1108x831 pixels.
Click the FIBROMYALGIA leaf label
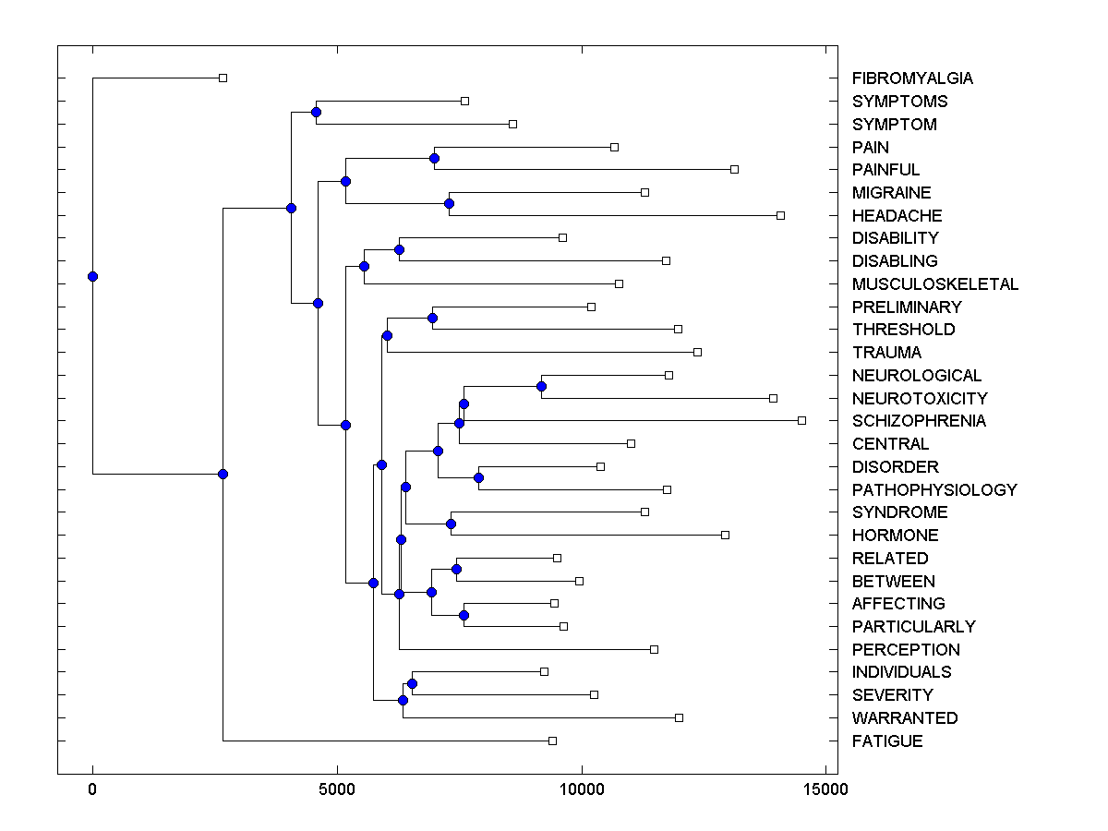coord(912,78)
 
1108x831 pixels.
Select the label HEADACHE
coord(897,216)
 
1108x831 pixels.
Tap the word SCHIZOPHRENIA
coord(919,421)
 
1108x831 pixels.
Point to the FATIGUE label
coord(887,741)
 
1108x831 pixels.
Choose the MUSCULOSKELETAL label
coord(935,284)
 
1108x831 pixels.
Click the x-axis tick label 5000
coord(337,789)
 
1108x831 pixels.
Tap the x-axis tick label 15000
coord(825,789)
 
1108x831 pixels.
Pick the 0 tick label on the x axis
coord(92,789)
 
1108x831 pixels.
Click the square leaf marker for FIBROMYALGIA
coord(223,78)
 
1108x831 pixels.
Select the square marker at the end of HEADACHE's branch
coord(780,215)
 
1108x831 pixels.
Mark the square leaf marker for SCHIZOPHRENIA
coord(801,420)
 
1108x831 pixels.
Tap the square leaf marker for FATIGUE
coord(552,741)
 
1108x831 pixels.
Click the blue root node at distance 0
coord(92,276)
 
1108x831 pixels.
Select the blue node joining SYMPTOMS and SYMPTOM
coord(316,112)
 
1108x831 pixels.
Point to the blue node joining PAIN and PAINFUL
coord(434,158)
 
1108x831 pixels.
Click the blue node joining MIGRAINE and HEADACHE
coord(449,203)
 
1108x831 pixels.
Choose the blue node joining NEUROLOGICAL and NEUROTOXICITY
coord(541,386)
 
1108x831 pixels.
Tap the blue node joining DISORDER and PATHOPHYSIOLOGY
coord(478,477)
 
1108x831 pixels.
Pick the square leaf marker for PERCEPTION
coord(654,649)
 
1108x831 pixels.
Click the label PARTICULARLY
coord(913,627)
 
